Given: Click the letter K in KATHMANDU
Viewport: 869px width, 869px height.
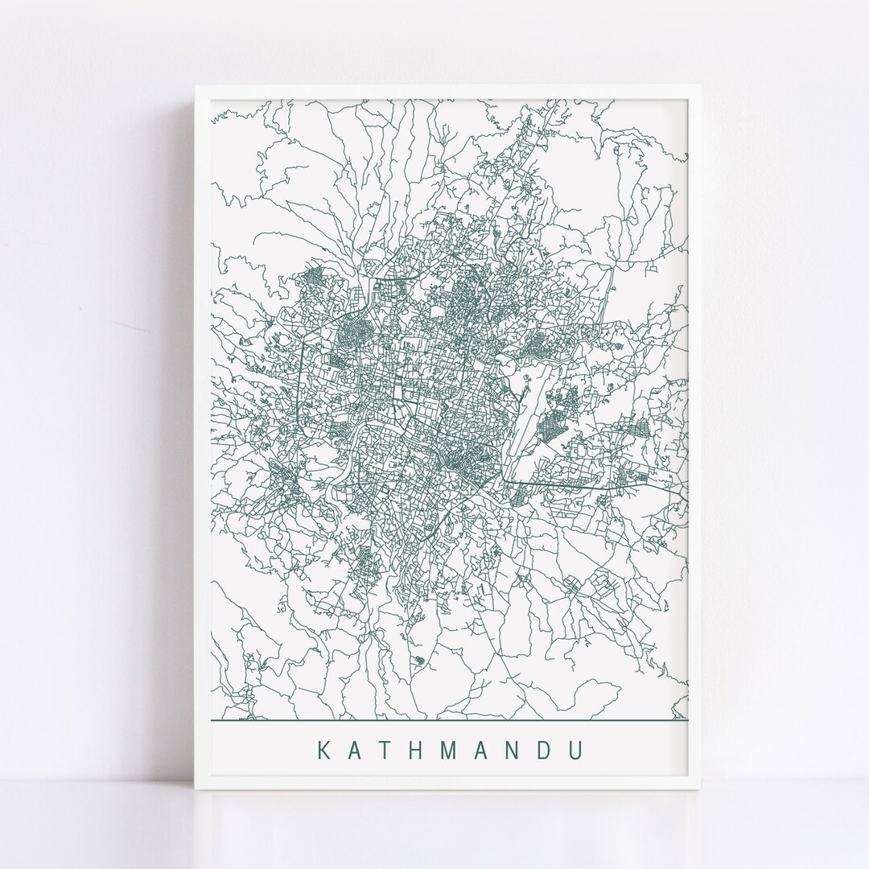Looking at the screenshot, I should pos(323,750).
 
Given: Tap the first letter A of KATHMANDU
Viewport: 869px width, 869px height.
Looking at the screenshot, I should pos(356,750).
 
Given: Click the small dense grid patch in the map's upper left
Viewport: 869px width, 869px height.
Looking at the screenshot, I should pos(311,279).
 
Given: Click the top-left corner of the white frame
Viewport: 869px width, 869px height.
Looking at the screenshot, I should pos(196,85).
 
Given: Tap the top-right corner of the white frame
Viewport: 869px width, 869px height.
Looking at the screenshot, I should pos(703,85).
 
